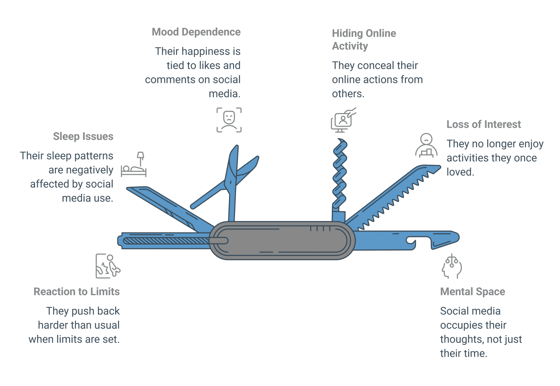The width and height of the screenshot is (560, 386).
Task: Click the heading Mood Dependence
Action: click(x=196, y=32)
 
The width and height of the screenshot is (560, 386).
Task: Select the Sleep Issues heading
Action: click(x=83, y=136)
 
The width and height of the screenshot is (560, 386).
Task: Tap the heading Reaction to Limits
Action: click(x=77, y=292)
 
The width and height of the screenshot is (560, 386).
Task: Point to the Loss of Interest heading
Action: click(x=484, y=124)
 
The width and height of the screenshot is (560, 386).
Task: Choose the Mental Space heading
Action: click(x=472, y=292)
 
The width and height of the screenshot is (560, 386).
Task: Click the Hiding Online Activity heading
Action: click(x=364, y=40)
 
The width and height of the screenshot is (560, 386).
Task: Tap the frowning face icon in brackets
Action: click(x=229, y=120)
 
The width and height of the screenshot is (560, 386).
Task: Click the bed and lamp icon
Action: click(x=134, y=164)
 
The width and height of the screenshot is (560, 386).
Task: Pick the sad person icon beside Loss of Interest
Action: click(x=426, y=146)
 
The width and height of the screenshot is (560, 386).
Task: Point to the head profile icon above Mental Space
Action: click(x=452, y=266)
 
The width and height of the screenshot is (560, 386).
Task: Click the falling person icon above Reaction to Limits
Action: click(x=108, y=266)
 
